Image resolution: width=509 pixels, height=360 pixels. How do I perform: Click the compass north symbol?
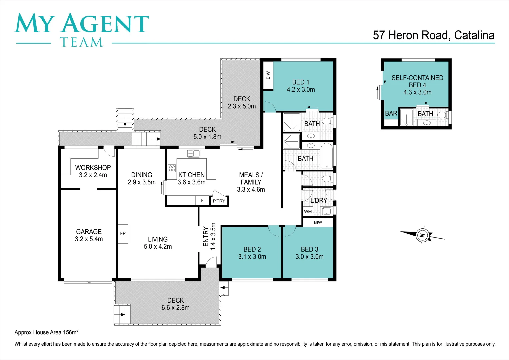422,235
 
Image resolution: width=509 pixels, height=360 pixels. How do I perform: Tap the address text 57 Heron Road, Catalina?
433,35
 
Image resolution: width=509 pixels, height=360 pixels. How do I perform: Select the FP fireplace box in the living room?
123,233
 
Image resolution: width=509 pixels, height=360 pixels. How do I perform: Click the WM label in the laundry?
308,211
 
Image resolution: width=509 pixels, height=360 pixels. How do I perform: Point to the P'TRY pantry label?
219,201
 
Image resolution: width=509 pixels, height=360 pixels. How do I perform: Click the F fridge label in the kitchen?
202,200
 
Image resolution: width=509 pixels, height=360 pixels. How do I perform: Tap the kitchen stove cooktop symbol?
172,168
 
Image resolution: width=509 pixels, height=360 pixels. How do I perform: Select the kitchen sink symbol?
194,153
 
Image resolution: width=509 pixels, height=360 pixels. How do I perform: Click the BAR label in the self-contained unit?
391,114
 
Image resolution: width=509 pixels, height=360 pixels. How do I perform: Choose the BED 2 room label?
252,249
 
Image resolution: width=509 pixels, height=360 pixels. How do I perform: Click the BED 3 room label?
309,249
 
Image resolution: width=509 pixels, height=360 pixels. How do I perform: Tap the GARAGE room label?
89,232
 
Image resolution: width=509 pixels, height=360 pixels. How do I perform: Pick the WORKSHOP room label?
93,168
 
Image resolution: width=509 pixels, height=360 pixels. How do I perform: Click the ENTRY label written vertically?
206,237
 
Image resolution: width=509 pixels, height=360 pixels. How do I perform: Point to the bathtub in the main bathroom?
327,155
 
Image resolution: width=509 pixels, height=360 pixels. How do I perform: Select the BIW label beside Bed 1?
268,75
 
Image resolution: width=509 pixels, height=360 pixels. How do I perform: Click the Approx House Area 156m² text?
46,332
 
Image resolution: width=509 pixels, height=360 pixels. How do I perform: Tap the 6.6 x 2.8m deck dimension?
175,308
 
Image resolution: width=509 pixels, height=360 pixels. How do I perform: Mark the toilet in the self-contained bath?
441,115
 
